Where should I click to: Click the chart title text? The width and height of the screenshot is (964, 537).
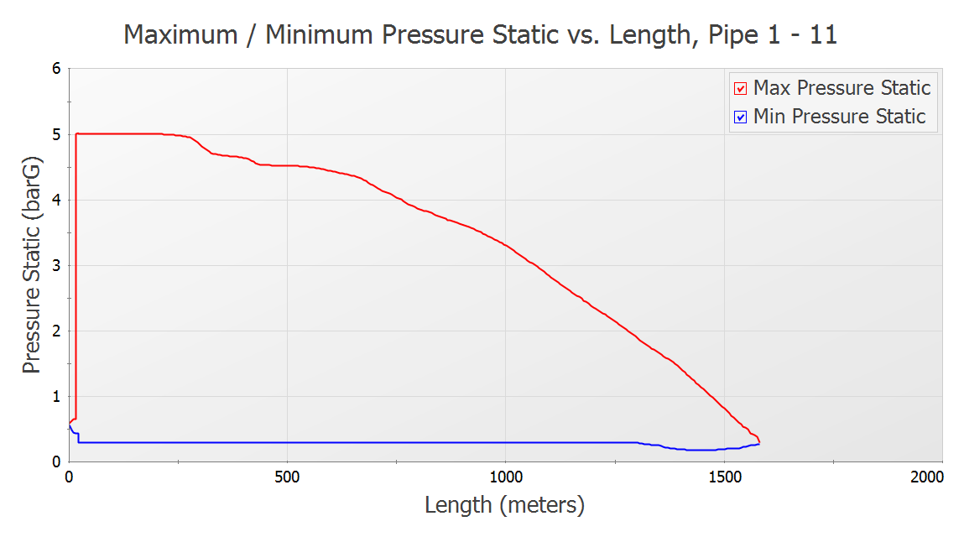click(480, 34)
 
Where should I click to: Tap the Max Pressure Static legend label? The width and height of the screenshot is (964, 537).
click(842, 88)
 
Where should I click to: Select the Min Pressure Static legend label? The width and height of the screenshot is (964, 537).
click(839, 117)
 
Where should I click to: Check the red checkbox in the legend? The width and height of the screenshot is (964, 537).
click(741, 89)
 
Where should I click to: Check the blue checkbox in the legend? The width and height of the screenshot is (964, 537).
click(741, 117)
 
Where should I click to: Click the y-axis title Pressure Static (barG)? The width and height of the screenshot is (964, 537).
click(32, 264)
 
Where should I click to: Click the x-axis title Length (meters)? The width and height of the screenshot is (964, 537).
click(504, 505)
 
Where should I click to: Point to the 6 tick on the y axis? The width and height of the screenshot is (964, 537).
click(57, 68)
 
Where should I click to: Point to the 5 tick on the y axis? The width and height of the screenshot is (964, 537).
click(57, 134)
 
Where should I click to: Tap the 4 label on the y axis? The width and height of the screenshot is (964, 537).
click(57, 200)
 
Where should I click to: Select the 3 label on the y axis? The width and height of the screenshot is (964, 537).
click(57, 265)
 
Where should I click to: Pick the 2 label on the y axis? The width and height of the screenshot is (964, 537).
click(57, 331)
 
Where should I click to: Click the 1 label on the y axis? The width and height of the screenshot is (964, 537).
click(57, 396)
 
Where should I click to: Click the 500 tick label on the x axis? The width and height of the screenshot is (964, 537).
click(287, 477)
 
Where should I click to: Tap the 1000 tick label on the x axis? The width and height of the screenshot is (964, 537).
click(505, 477)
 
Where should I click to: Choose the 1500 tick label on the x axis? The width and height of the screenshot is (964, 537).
click(724, 477)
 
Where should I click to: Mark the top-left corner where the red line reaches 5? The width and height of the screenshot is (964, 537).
click(76, 134)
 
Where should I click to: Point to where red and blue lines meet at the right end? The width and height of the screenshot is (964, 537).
click(759, 442)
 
